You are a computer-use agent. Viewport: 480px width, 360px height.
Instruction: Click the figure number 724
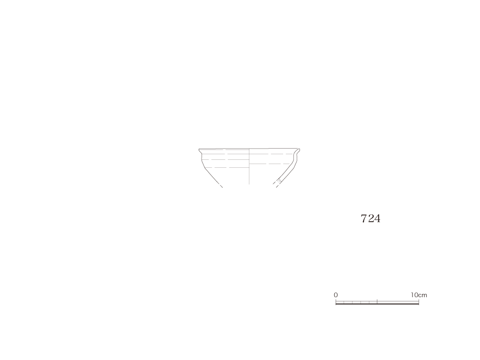370,218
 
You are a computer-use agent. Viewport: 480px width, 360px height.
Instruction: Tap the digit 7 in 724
364,218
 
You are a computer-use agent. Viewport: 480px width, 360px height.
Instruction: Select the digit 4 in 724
377,218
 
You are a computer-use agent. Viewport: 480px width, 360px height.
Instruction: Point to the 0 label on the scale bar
336,295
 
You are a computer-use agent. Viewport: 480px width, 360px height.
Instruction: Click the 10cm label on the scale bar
419,295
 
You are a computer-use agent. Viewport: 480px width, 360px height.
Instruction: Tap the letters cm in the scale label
423,295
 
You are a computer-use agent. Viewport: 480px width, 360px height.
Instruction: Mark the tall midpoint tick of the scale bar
377,301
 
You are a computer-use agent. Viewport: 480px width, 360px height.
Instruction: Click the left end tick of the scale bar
336,302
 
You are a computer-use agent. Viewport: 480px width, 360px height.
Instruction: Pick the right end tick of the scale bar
419,302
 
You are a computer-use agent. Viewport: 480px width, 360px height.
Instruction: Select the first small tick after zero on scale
344,302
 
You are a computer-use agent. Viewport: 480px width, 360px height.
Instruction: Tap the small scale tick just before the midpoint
369,302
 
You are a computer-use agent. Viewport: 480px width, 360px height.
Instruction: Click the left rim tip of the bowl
199,150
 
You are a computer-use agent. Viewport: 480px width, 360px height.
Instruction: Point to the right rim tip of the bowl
300,149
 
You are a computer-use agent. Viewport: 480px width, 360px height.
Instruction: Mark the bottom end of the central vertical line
249,184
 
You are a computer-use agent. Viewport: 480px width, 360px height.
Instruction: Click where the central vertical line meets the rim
249,149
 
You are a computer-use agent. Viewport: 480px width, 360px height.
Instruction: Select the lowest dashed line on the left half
226,168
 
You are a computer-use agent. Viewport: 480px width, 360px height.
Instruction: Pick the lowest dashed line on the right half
270,164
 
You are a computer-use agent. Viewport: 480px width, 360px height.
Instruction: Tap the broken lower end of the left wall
222,187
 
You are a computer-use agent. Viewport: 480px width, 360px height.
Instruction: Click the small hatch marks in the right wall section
279,181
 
